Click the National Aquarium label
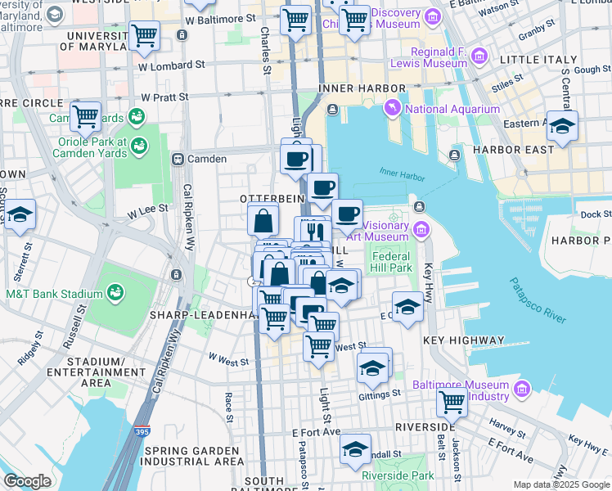[452, 109]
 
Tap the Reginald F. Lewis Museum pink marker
[479, 56]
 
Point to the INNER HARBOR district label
[351, 88]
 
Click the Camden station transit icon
[178, 158]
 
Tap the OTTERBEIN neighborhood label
[272, 199]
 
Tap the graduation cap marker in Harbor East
[562, 126]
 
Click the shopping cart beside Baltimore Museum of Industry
[452, 401]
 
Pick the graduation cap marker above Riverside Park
[356, 449]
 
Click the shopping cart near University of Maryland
[144, 34]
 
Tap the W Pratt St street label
[164, 97]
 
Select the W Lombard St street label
[171, 65]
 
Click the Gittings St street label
[380, 393]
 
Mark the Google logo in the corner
[26, 481]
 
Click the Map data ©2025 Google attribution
[560, 484]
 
